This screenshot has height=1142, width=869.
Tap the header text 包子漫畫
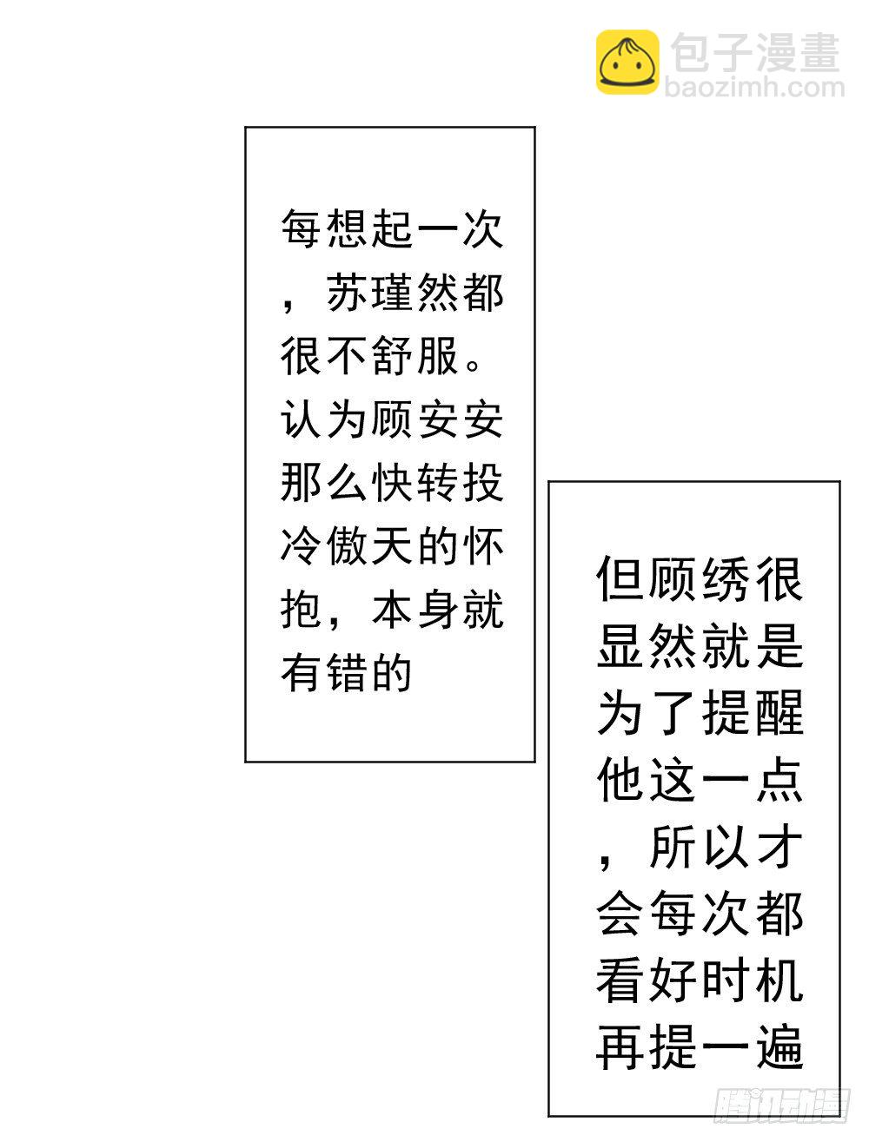click(755, 52)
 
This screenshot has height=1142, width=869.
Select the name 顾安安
click(438, 420)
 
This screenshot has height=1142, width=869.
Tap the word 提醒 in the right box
click(753, 715)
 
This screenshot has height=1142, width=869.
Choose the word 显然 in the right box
click(648, 646)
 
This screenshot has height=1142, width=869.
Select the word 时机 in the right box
click(753, 981)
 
